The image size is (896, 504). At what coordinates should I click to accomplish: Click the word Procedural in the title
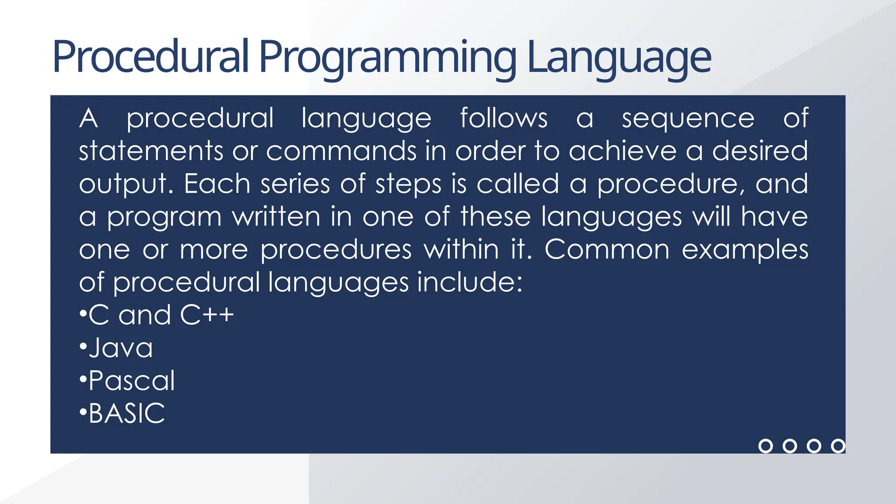(x=150, y=57)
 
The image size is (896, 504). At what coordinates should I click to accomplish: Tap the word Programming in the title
(x=388, y=57)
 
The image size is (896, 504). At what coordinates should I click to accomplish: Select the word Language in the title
(x=619, y=57)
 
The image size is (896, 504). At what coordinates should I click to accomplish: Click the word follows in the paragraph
(x=504, y=118)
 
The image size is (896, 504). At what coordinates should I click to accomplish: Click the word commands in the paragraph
(x=341, y=151)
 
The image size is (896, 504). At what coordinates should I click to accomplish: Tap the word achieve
(x=623, y=151)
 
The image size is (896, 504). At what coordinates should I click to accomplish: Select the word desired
(x=759, y=151)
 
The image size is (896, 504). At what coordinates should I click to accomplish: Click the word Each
(x=217, y=184)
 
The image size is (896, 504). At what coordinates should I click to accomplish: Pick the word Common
(x=606, y=249)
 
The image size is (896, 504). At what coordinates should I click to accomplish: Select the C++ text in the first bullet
(x=207, y=315)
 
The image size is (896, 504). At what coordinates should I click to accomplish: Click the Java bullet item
(x=121, y=348)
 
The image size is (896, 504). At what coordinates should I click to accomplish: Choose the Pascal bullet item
(x=131, y=381)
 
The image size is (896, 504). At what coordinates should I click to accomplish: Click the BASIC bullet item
(x=126, y=413)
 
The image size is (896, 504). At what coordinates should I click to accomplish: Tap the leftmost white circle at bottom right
(x=765, y=446)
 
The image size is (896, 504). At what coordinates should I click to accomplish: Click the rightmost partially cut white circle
(x=838, y=446)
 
